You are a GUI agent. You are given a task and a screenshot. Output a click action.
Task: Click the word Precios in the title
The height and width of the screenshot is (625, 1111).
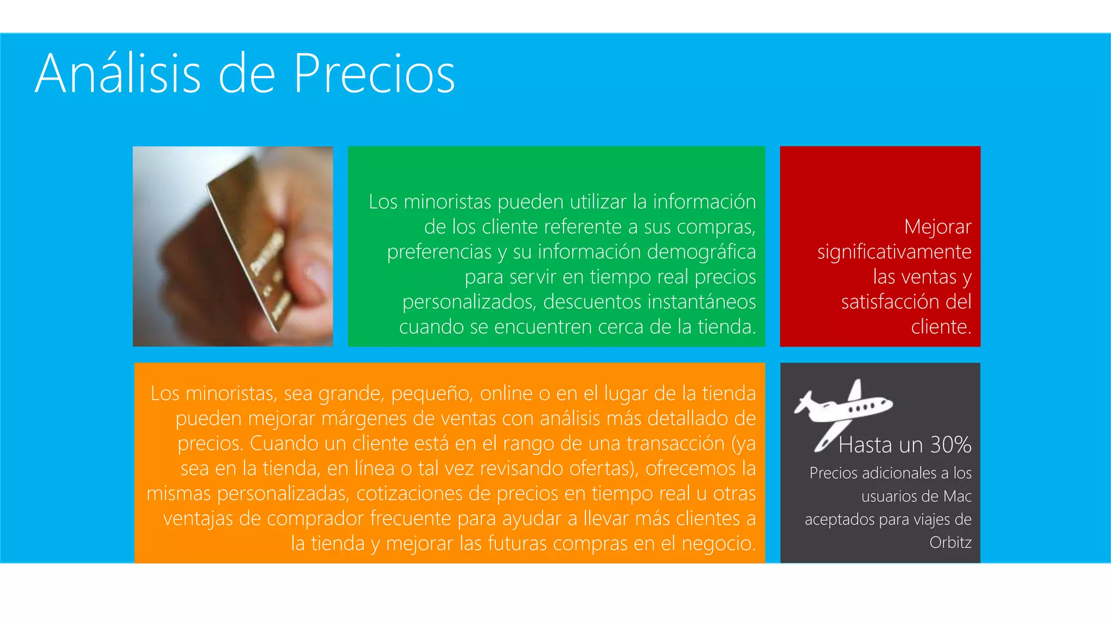[x=374, y=74]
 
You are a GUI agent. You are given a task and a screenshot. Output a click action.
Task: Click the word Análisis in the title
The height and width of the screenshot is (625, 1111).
[x=118, y=74]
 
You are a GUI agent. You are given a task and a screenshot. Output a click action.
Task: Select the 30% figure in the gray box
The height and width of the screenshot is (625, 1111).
[x=950, y=445]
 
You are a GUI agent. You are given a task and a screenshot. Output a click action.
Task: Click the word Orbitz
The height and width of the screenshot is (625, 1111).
[x=950, y=542]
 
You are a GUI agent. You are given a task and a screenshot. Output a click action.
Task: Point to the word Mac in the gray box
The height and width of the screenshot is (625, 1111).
[x=957, y=496]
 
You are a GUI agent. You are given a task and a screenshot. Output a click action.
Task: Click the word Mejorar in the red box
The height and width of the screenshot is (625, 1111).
[x=937, y=227]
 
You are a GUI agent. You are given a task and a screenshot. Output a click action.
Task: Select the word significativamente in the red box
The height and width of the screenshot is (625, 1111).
[x=894, y=252]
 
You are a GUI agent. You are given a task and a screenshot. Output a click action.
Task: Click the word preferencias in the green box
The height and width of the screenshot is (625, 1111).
[x=439, y=252]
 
